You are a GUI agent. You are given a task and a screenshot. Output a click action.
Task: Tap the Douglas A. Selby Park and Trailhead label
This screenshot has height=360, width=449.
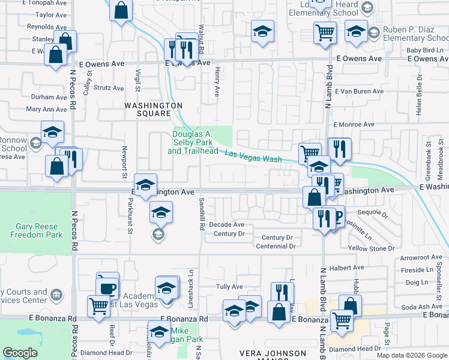193,142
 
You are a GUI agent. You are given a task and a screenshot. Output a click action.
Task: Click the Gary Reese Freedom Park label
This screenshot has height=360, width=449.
36,231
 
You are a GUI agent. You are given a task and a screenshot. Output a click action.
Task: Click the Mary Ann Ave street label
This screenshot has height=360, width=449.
46,110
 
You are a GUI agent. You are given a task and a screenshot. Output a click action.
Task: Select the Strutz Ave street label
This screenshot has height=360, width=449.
109,88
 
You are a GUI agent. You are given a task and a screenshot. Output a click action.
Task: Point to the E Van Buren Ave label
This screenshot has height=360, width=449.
360,91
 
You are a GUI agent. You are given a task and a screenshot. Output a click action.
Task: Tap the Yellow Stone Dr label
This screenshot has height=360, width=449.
374,248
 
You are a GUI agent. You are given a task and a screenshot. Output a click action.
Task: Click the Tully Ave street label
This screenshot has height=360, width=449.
229,287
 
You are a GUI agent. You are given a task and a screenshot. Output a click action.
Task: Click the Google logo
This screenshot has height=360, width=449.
20,353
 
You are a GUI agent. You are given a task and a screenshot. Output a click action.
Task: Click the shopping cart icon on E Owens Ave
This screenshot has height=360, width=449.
325,32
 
